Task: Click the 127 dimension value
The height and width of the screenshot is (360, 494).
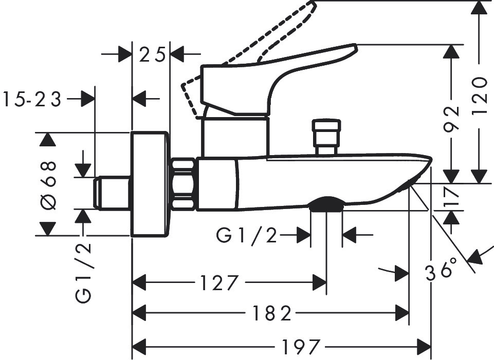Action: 218,282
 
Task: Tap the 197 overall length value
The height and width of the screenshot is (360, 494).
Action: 301,347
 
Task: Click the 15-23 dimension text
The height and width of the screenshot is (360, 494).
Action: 32,100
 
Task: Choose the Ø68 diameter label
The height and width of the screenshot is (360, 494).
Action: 48,186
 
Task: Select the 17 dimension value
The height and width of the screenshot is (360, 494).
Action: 451,197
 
